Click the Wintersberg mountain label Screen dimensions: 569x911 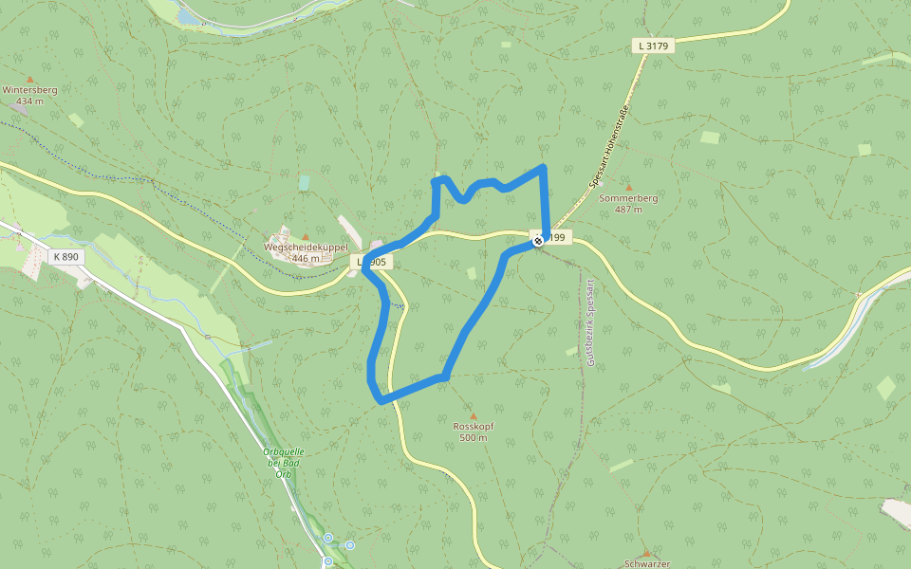point(29,90)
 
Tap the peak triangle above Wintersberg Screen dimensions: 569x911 point(29,79)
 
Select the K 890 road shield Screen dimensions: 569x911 point(66,256)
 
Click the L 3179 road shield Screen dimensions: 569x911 point(653,46)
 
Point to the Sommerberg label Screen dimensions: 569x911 point(628,198)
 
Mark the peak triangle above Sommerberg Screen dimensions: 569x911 point(628,188)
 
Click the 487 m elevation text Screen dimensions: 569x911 point(628,210)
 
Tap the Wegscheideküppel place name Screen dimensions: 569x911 point(306,248)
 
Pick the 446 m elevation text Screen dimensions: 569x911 point(306,258)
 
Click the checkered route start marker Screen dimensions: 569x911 point(538,241)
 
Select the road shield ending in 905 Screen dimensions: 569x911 point(372,261)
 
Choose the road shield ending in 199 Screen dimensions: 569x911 point(554,237)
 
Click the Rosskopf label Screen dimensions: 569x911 point(474,427)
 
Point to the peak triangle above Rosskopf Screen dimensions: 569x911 point(474,416)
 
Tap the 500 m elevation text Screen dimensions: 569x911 point(474,438)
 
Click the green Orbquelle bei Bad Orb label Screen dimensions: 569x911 point(282,462)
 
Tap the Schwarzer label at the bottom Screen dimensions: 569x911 point(647,564)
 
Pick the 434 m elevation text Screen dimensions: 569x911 point(29,101)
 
